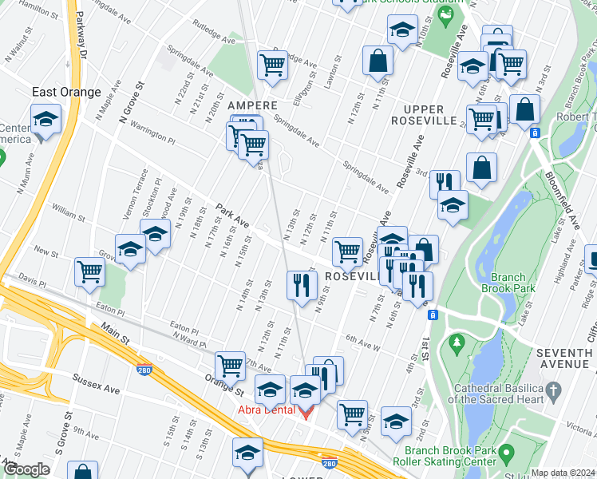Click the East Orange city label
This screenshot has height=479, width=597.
(66, 92)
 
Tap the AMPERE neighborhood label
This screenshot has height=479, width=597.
(252, 105)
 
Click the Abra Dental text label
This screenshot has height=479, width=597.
(266, 411)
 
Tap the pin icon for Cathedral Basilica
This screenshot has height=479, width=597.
(556, 389)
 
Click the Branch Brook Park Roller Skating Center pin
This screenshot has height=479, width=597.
(506, 454)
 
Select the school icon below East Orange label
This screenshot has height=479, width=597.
(46, 121)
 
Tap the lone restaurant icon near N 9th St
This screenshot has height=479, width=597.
(302, 285)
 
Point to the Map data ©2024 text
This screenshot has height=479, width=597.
(563, 473)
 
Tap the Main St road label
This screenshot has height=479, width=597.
(117, 333)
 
